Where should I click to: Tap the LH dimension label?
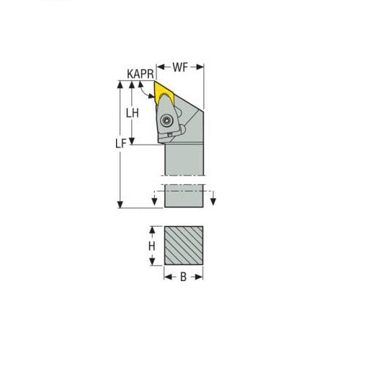[133, 113]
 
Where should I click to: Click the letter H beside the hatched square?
[152, 246]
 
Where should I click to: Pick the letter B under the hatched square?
[183, 278]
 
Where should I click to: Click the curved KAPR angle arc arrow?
[147, 96]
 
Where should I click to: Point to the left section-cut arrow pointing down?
[155, 200]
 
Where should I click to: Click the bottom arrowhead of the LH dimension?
[133, 142]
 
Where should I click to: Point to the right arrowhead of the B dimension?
[201, 278]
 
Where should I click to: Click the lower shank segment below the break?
[183, 197]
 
